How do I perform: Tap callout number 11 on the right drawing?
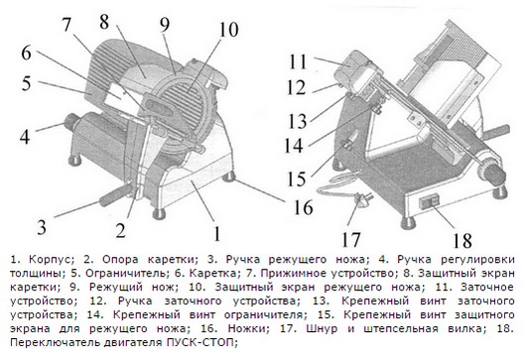[x=295, y=60]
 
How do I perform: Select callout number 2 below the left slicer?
[x=118, y=233]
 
